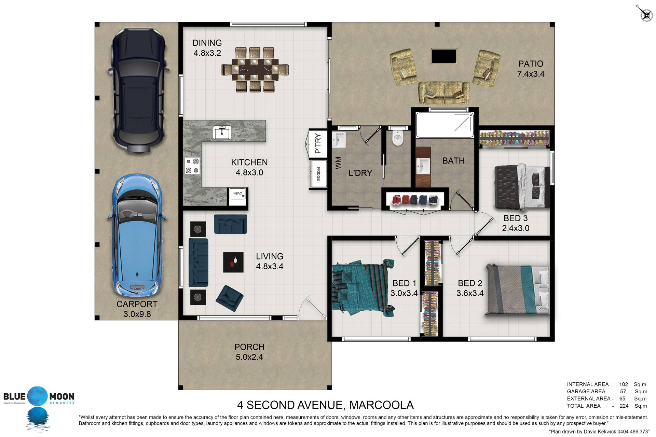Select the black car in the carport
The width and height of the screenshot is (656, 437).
click(138, 91)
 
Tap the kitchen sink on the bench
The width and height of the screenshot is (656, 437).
click(222, 132)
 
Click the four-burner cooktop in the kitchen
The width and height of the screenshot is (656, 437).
click(192, 166)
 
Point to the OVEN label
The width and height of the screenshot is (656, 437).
click(237, 194)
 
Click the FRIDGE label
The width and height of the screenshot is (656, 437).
click(318, 174)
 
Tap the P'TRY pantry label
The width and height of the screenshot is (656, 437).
click(318, 143)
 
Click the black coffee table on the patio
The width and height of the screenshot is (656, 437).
click(444, 56)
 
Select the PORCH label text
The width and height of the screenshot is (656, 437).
click(249, 347)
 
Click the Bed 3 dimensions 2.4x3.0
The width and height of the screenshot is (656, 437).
click(516, 228)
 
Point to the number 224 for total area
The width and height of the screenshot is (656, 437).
click(624, 406)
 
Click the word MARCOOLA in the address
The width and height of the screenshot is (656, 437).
click(382, 405)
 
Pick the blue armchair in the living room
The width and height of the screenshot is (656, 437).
click(229, 295)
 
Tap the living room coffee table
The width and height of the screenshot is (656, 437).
click(233, 262)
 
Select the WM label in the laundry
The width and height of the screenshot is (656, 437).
click(338, 163)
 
